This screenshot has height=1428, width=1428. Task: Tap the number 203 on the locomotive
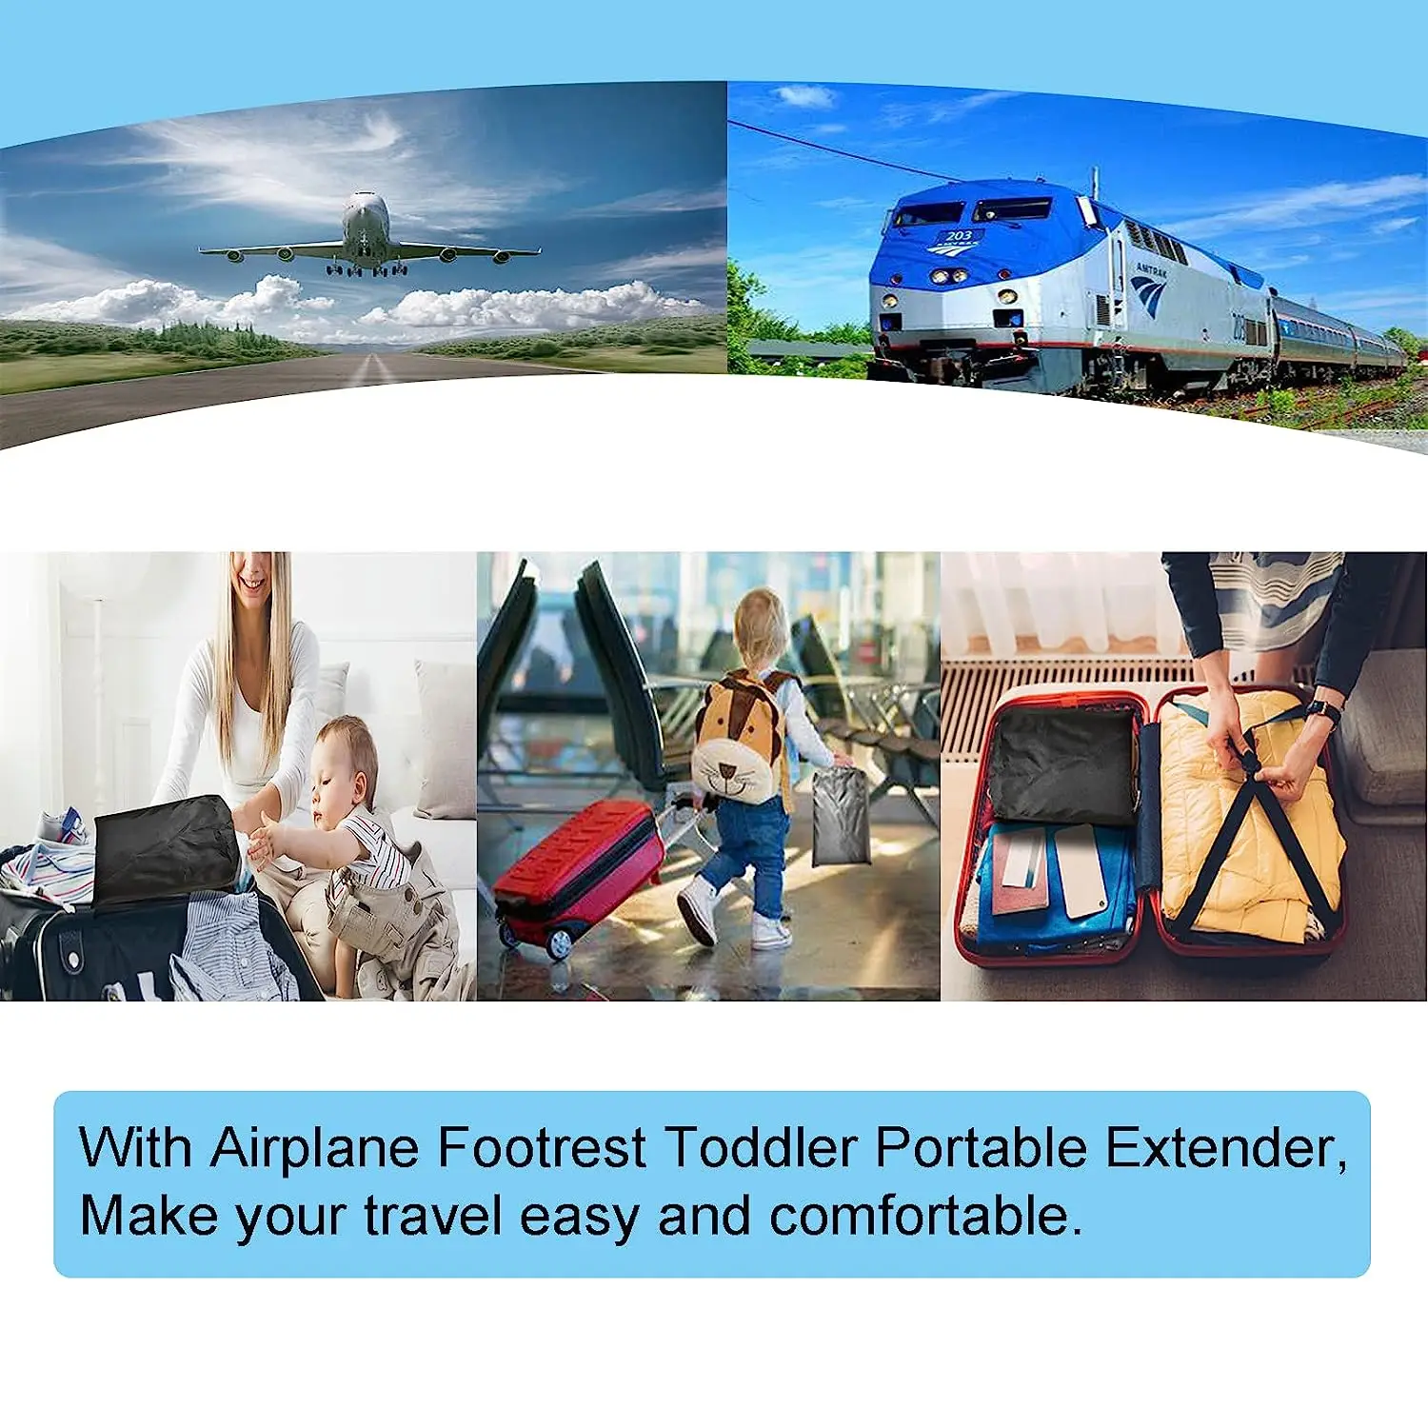(959, 235)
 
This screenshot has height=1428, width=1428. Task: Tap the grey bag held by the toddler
(840, 817)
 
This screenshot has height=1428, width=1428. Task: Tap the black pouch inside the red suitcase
(1061, 766)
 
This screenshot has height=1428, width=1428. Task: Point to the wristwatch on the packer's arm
(1322, 711)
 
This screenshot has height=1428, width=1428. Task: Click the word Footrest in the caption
(542, 1147)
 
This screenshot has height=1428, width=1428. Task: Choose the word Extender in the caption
(1225, 1147)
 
